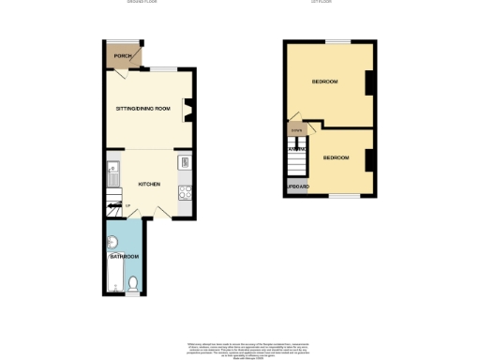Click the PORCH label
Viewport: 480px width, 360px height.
point(120,56)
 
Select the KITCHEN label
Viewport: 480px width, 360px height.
point(148,184)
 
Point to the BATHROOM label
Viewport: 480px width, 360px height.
point(124,256)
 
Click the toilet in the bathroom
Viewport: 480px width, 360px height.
point(133,282)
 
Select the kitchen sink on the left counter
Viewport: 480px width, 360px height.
point(112,172)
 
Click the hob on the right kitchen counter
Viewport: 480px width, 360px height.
point(185,194)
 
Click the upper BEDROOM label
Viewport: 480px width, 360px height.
point(324,82)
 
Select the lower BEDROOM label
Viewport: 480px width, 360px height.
point(336,157)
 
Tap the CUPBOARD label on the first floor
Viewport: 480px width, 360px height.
point(296,187)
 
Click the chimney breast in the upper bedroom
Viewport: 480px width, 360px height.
point(368,82)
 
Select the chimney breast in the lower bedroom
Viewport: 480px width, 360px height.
point(368,159)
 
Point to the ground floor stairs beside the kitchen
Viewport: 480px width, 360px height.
point(115,206)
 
